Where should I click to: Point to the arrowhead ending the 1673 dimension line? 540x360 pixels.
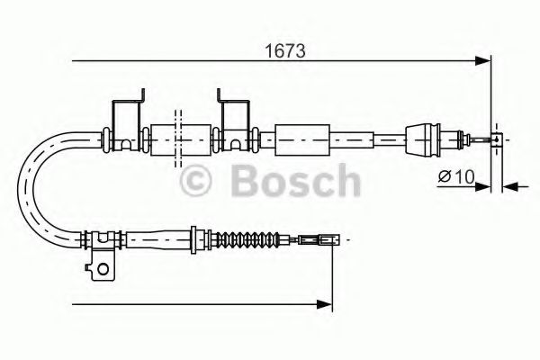[x=485, y=61]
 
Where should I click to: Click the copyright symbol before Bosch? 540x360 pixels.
[x=199, y=183]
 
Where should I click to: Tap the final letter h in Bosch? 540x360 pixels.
[x=343, y=183]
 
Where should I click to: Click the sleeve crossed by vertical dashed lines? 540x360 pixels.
[x=176, y=139]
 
